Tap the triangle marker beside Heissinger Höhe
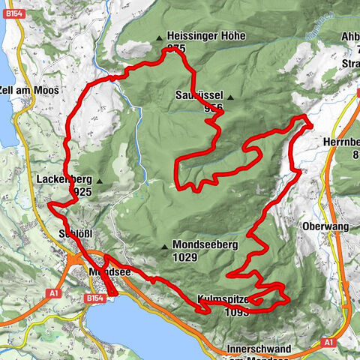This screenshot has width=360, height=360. coord(159,37)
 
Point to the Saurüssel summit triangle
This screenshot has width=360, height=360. coord(230,97)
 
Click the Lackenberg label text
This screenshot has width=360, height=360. coord(63,180)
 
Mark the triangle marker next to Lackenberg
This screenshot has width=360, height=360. coord(98,181)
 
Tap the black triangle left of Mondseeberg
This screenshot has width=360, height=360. coord(163,246)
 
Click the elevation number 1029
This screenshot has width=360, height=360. coord(184,257)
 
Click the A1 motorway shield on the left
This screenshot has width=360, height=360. coord(53,293)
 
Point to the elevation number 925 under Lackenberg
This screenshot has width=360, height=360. coord(82,193)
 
